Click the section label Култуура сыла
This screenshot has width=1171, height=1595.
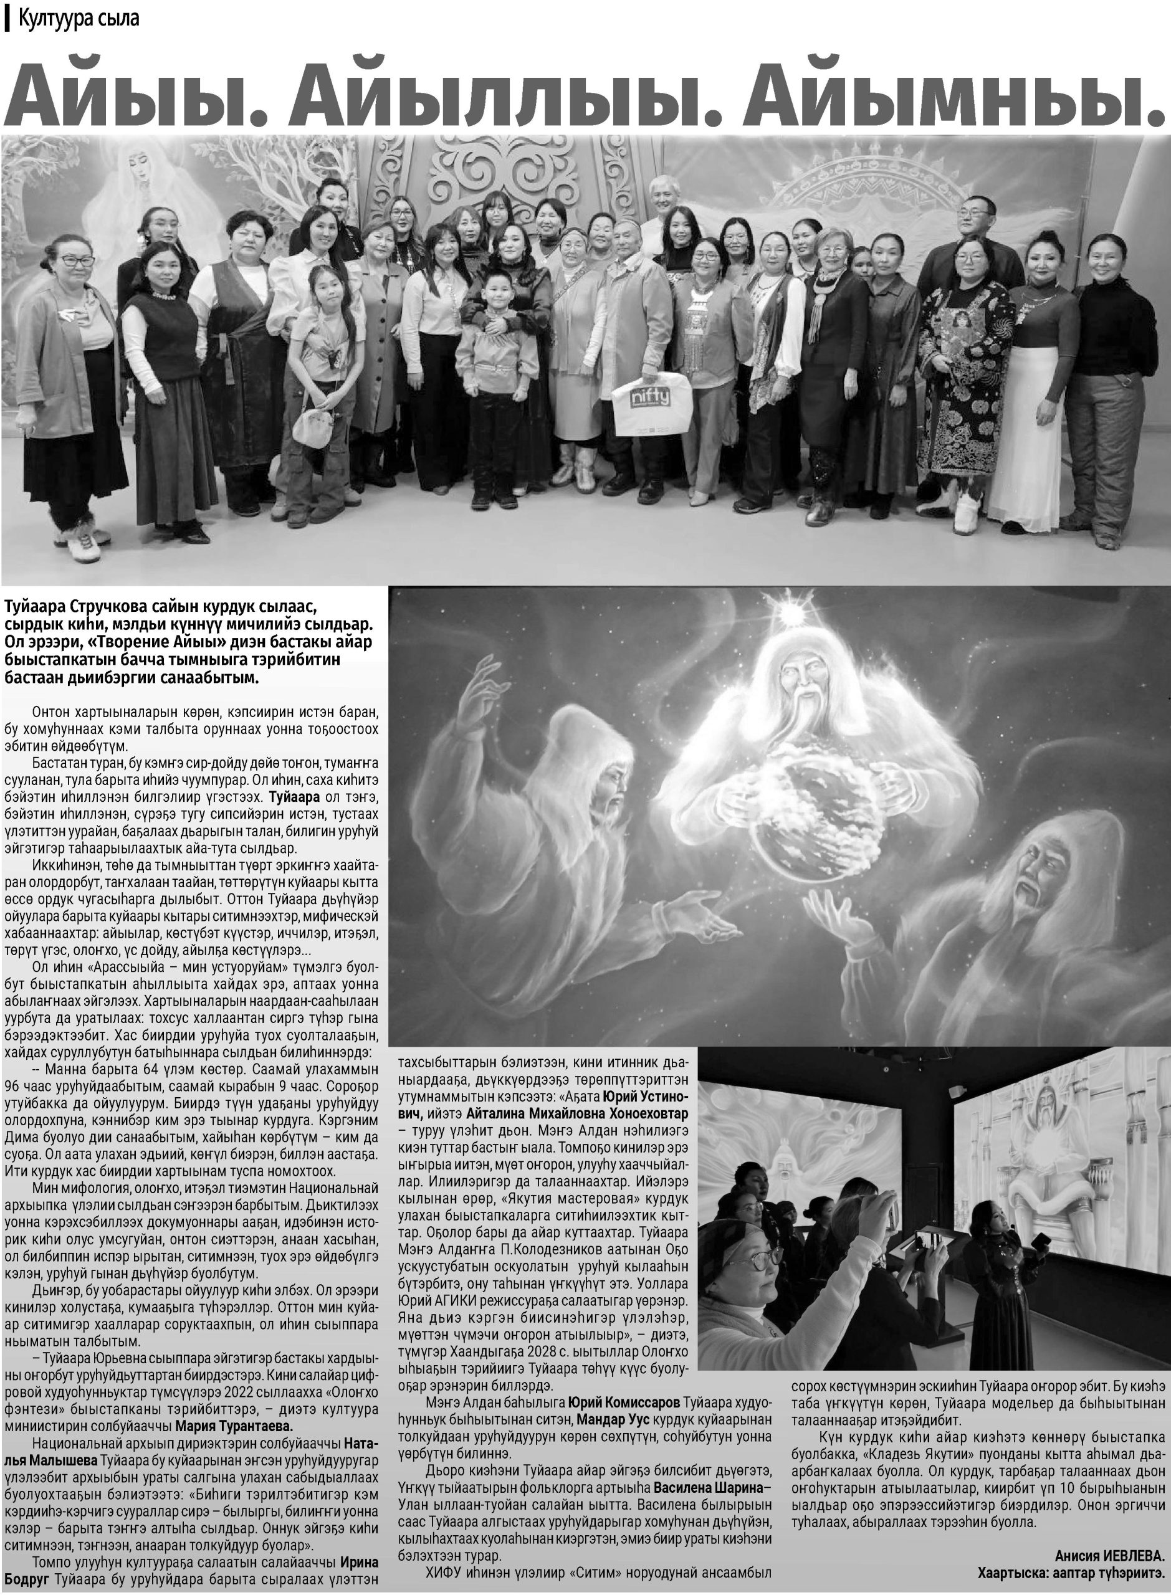[x=79, y=19]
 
